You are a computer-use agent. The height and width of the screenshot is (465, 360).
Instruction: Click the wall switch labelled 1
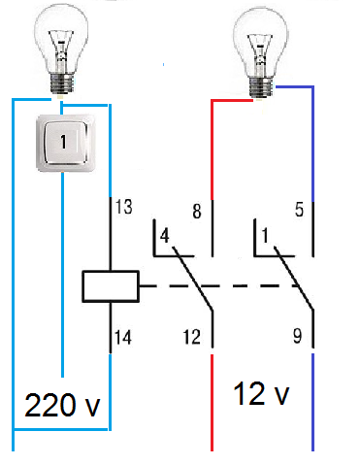tap(66, 143)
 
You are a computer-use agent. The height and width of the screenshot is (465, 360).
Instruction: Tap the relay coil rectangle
tap(111, 286)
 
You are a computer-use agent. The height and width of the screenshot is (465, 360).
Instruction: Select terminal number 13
tap(124, 207)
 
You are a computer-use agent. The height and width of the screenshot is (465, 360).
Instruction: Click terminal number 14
tap(123, 338)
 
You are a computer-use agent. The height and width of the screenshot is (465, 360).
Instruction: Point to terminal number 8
tap(197, 212)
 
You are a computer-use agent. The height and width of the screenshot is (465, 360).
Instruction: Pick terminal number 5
tap(299, 210)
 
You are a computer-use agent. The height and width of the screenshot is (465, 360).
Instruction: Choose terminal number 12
tap(192, 337)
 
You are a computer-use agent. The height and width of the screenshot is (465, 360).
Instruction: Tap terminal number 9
tap(298, 336)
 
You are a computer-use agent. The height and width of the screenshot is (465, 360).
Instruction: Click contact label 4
tap(165, 236)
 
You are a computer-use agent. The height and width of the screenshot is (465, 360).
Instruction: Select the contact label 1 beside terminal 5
tap(265, 235)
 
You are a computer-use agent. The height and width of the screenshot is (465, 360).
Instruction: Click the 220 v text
tap(62, 405)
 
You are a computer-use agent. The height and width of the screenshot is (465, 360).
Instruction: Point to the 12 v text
tap(261, 393)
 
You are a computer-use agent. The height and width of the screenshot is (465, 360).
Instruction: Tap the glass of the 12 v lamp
tap(261, 42)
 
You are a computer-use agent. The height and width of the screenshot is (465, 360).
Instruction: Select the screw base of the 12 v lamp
tap(261, 87)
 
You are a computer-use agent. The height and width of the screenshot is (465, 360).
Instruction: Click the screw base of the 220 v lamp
tap(61, 84)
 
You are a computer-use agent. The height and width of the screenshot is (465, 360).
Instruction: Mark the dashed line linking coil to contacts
tap(220, 286)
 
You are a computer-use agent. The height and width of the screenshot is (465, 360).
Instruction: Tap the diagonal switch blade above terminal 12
tap(193, 279)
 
